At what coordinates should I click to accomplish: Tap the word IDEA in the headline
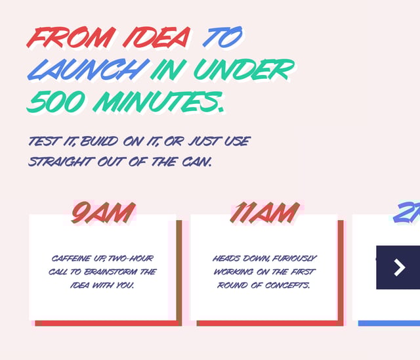[157, 37]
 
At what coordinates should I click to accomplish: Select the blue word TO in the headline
[223, 37]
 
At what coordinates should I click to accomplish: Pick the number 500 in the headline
[56, 102]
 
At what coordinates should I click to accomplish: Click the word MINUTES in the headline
[157, 102]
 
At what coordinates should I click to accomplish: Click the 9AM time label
[103, 213]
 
